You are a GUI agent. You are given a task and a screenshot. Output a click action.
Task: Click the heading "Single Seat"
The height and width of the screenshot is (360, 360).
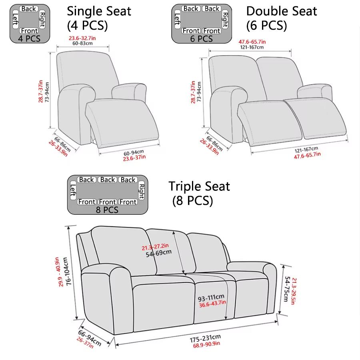99,11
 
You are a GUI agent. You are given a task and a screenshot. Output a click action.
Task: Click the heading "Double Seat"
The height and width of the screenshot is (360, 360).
282,11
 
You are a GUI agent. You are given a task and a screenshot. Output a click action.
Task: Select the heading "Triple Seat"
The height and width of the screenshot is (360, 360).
199,186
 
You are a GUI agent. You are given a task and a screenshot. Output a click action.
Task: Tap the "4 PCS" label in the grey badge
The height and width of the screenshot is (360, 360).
29,38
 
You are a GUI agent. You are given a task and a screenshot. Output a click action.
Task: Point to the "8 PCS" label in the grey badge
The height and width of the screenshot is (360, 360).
107,209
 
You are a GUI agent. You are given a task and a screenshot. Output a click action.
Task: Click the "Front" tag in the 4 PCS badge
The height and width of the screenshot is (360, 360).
30,31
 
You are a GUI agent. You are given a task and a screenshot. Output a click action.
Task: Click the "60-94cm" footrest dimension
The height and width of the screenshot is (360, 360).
134,153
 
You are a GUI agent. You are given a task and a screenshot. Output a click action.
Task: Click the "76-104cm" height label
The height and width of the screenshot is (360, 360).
69,270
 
